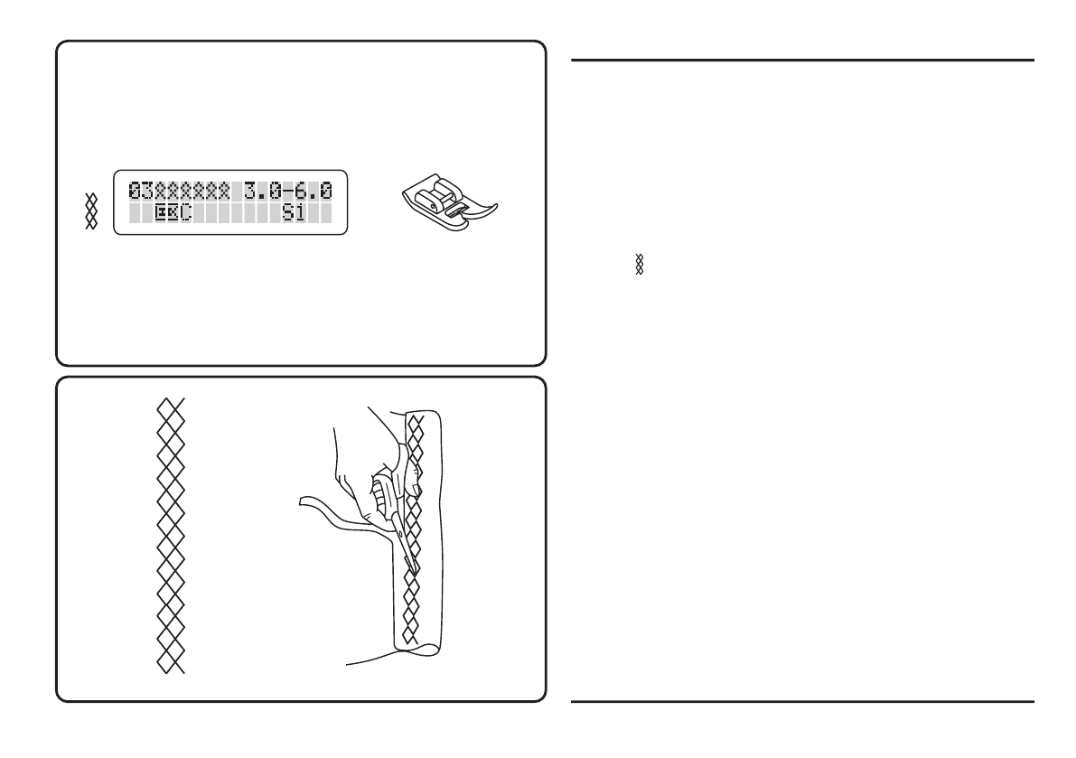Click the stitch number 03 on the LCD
click(140, 190)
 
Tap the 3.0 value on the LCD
click(261, 190)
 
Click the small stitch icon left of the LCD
click(90, 211)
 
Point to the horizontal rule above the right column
click(802, 61)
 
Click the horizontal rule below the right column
click(802, 700)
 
